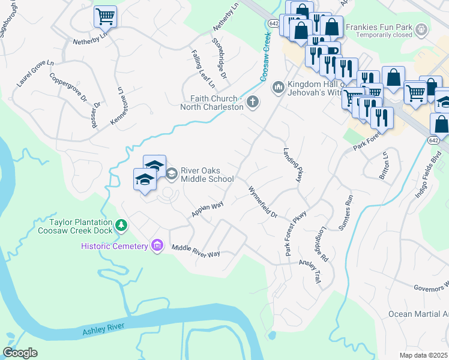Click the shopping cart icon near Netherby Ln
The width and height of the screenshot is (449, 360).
(x=105, y=16)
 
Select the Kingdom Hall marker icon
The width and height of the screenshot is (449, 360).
(x=278, y=88)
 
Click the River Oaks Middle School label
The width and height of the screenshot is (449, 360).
(x=206, y=174)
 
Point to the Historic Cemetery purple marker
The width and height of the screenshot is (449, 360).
(x=158, y=246)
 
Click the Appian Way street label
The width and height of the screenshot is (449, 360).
(x=207, y=208)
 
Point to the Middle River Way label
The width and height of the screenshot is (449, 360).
(x=196, y=251)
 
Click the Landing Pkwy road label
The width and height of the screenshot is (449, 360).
(x=292, y=165)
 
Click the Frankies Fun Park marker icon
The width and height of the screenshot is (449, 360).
(x=423, y=29)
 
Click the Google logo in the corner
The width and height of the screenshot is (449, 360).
(x=20, y=353)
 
